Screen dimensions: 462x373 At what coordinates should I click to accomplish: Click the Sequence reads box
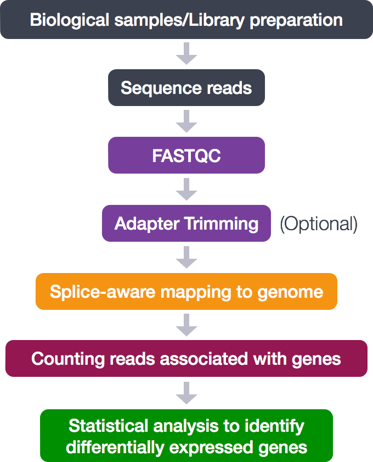coord(186,88)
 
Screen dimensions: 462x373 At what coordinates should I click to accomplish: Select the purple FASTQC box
coord(186,155)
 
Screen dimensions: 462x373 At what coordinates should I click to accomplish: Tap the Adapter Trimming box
coord(186,224)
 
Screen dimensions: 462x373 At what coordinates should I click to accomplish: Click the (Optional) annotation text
coord(319,224)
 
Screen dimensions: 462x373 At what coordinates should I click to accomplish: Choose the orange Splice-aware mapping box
coord(186,291)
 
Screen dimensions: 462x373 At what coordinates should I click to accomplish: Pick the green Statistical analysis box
coord(186,436)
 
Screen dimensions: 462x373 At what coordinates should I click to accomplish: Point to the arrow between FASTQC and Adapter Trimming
coord(187,190)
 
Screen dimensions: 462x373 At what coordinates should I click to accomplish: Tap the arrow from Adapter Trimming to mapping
coord(187,258)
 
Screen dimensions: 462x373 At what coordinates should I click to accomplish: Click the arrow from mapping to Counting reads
coord(187,325)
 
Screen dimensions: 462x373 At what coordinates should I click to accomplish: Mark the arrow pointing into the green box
coord(187,393)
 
